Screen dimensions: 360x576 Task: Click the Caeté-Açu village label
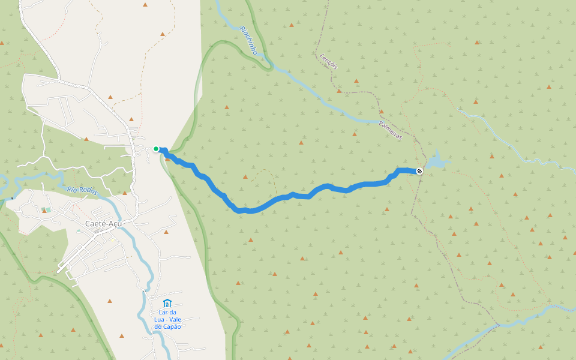tap(100, 224)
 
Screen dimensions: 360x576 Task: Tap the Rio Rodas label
tap(82, 190)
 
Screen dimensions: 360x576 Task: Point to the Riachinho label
tap(248, 40)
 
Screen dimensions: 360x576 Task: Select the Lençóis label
tap(326, 60)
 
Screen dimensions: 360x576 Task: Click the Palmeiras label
tap(390, 130)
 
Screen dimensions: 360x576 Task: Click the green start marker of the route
tap(156, 149)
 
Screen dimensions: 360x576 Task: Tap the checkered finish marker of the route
tap(419, 171)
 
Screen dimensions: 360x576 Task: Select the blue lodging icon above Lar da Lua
tap(167, 303)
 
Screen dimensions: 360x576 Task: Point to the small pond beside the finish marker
tap(436, 161)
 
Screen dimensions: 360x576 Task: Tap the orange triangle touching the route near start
tap(167, 158)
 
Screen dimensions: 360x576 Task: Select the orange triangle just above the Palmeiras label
tap(380, 111)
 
